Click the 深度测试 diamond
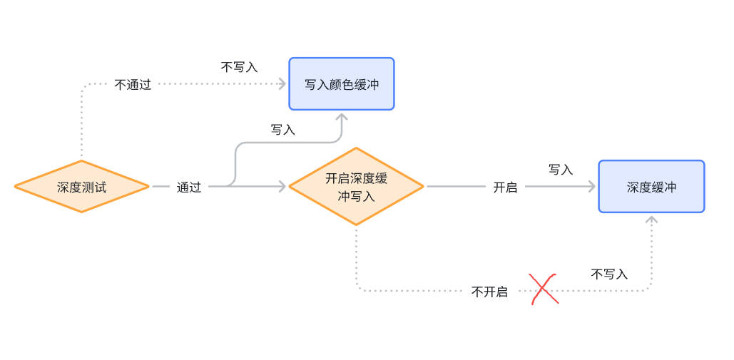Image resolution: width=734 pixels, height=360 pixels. tap(81, 187)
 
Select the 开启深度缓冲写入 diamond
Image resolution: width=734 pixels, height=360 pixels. tap(355, 187)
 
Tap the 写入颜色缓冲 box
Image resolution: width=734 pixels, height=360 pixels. tap(341, 84)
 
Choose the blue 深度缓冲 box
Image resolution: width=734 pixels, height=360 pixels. tap(651, 187)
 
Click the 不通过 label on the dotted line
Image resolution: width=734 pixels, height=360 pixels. tap(133, 85)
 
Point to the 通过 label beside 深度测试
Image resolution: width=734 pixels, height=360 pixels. tap(188, 187)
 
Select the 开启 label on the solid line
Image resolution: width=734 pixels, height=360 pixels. tap(505, 187)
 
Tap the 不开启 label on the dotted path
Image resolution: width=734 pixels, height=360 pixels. tap(489, 292)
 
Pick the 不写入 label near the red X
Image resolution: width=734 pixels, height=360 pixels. tap(609, 274)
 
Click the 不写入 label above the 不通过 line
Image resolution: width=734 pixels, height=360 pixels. tap(239, 67)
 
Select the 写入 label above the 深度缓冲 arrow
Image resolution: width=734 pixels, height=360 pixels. tap(561, 170)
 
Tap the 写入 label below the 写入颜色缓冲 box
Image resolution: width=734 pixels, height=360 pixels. tap(282, 130)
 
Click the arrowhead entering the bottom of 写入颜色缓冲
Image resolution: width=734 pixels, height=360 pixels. tap(342, 115)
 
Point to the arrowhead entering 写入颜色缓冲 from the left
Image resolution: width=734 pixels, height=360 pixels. tap(282, 84)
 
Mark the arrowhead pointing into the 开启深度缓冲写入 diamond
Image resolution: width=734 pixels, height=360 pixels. tap(282, 187)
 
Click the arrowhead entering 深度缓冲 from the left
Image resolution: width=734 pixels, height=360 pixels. tap(591, 187)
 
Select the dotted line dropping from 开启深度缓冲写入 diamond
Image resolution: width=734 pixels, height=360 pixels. tap(356, 257)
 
